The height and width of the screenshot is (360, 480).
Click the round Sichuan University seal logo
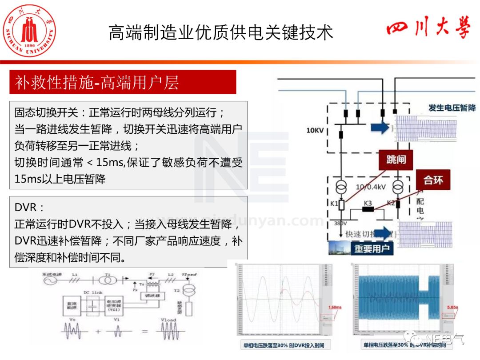(30, 30)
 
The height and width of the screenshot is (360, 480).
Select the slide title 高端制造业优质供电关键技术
(221, 33)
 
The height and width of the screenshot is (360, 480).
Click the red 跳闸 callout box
(396, 160)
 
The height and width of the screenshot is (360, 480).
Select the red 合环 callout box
(433, 180)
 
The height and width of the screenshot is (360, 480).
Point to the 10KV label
(315, 131)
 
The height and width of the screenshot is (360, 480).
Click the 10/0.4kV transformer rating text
(373, 187)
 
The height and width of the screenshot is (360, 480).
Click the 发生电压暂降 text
(452, 108)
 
